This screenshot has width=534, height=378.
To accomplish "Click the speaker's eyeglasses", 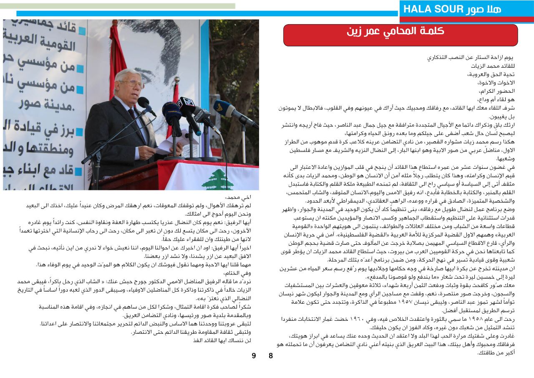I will click(131, 83).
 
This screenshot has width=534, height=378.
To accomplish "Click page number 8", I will click(270, 356).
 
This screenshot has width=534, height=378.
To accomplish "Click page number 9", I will click(254, 356).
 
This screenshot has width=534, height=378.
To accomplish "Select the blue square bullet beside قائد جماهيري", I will click(81, 30).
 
